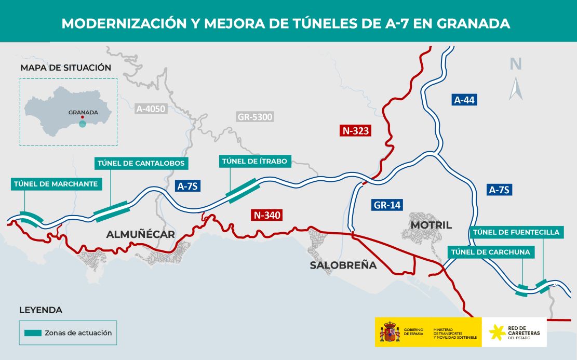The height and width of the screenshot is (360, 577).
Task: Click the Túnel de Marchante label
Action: click(x=56, y=184)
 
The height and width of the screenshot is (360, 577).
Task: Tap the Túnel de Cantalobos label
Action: click(x=141, y=163)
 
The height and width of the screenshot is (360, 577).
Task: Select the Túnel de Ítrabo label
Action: click(x=254, y=161)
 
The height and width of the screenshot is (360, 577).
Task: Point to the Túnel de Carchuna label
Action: click(x=491, y=252)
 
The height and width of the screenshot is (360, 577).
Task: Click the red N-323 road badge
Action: click(x=356, y=130)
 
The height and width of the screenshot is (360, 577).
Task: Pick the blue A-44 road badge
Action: click(x=464, y=100)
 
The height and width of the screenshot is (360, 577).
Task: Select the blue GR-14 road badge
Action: click(x=387, y=205)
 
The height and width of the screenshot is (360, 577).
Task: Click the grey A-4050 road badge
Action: click(x=151, y=109)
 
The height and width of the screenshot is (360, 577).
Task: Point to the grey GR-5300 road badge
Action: click(x=254, y=117)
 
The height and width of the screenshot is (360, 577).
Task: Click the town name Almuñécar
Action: click(x=140, y=234)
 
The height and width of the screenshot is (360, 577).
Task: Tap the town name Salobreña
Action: click(x=343, y=265)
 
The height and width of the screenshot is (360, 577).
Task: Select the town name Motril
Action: click(x=431, y=225)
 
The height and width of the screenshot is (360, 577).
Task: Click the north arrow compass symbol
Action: click(x=515, y=88)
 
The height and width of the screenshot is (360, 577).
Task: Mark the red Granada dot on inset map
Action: click(x=83, y=117)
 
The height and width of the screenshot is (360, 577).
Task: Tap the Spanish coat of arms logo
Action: click(x=390, y=332)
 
